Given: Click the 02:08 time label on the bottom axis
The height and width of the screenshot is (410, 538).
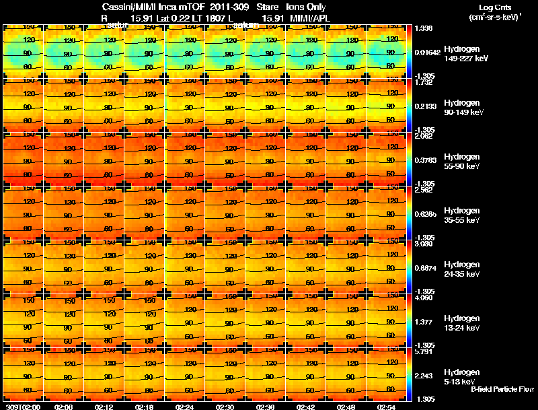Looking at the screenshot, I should click(64, 407).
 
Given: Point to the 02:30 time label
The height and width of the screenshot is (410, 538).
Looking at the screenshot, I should click(225, 407).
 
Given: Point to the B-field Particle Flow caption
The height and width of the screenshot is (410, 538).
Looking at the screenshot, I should click(501, 389).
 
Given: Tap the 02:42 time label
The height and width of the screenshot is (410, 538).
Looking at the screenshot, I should click(306, 407).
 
